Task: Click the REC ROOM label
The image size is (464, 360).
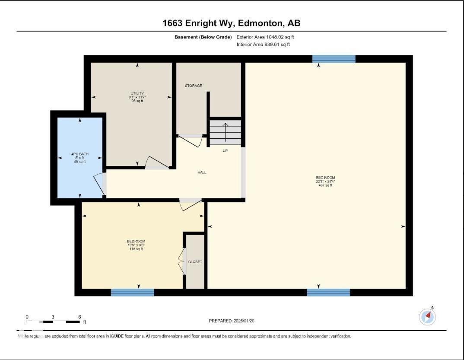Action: (x=325, y=178)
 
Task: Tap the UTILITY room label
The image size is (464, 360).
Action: (x=137, y=93)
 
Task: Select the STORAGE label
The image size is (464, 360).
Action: (x=193, y=86)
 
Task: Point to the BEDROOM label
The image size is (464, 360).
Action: (x=136, y=241)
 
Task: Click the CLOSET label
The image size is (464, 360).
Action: (x=195, y=261)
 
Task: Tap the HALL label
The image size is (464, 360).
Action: (x=202, y=172)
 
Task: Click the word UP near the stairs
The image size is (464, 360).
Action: (x=225, y=151)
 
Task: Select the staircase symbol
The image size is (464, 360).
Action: (x=225, y=133)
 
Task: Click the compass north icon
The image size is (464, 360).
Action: (x=428, y=317)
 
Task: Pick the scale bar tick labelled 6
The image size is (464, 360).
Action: (x=79, y=317)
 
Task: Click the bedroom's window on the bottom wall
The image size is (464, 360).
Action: (x=132, y=293)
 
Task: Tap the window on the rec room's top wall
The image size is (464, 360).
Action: (x=334, y=59)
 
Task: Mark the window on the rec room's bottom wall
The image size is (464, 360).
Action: (x=328, y=293)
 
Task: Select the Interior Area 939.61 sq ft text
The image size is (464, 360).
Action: (x=263, y=45)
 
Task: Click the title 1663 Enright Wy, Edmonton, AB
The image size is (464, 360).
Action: (x=231, y=23)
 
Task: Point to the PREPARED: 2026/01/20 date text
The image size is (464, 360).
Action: (x=235, y=321)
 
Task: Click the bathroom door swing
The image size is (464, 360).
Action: (x=99, y=184)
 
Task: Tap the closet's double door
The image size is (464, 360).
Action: (x=181, y=261)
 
